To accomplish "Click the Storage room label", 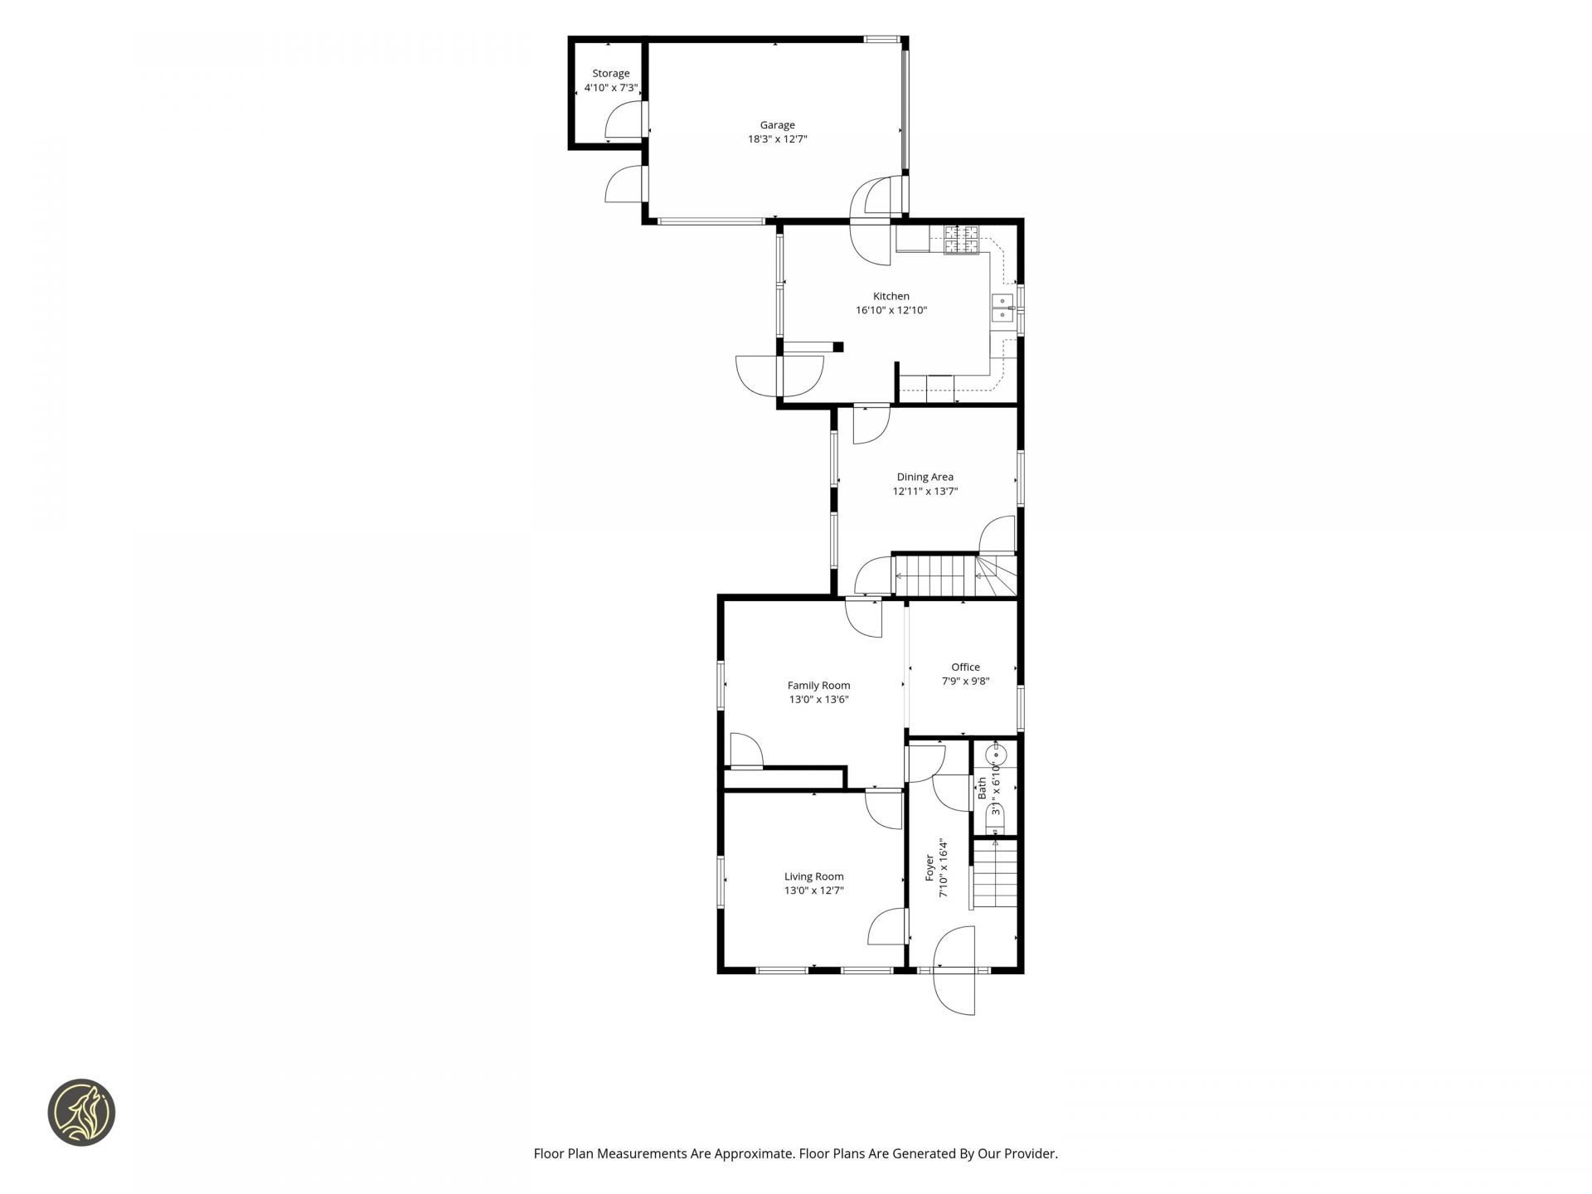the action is pyautogui.click(x=611, y=74).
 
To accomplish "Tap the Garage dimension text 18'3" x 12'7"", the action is pyautogui.click(x=778, y=139).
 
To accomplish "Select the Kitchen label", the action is pyautogui.click(x=891, y=296).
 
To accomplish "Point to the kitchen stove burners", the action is pyautogui.click(x=962, y=240).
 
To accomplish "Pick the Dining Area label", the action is pyautogui.click(x=925, y=477).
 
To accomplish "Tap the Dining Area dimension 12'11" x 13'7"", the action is pyautogui.click(x=925, y=491).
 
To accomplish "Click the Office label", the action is pyautogui.click(x=966, y=667).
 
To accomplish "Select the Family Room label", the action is pyautogui.click(x=819, y=685).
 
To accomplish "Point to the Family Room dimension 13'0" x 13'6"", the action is pyautogui.click(x=819, y=699).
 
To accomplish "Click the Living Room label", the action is pyautogui.click(x=814, y=876).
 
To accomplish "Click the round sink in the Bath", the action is pyautogui.click(x=996, y=755).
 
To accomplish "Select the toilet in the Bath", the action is pyautogui.click(x=995, y=820).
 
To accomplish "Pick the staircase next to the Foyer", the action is pyautogui.click(x=995, y=874).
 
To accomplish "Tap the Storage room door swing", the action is pyautogui.click(x=624, y=119).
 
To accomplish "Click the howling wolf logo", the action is pyautogui.click(x=81, y=1113).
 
